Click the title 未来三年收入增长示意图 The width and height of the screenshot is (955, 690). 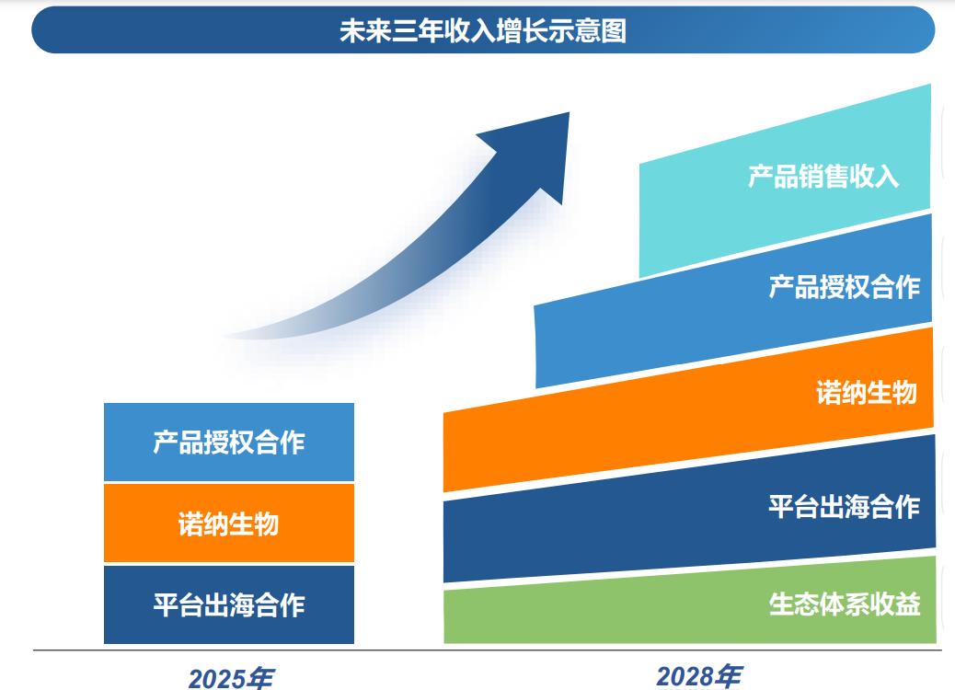[x=483, y=30]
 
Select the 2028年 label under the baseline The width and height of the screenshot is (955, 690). [x=698, y=676]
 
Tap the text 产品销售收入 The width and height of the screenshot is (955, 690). [x=823, y=176]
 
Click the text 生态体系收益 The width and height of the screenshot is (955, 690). [x=844, y=604]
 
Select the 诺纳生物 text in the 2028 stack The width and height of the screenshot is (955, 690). [x=866, y=393]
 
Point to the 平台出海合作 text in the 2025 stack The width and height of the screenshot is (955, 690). [x=228, y=605]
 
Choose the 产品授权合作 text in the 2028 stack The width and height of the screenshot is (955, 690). [x=844, y=286]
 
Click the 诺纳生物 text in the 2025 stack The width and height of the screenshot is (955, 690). [x=228, y=523]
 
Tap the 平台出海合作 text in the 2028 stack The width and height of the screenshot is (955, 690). [x=844, y=506]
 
